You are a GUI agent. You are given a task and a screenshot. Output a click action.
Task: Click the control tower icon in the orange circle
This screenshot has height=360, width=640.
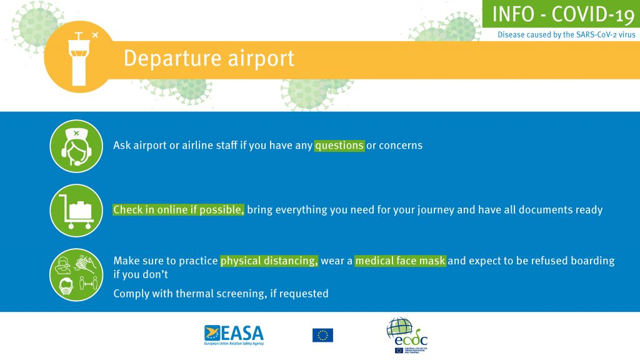point(79,59)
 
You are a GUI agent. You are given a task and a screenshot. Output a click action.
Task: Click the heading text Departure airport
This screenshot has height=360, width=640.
point(209,58)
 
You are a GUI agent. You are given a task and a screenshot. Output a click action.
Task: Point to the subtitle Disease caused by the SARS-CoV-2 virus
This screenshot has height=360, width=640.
point(566,35)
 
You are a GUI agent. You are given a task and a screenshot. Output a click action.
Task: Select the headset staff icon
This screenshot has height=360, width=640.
point(76,146)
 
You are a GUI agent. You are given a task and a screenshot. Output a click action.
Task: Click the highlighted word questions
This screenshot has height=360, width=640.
point(339,145)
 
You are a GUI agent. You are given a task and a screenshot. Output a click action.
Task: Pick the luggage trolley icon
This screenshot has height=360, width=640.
point(76,211)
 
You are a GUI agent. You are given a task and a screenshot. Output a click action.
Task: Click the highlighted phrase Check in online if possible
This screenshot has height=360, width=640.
point(178,210)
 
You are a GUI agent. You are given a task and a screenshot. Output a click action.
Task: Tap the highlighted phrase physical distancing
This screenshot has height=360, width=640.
point(269,261)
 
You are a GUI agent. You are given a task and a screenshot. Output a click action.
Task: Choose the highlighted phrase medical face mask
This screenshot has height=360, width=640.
point(401,261)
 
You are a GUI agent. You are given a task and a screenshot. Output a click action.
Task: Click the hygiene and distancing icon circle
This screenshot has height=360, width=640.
point(76,275)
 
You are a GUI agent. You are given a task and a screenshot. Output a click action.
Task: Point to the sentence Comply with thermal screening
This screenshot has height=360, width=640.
point(221,294)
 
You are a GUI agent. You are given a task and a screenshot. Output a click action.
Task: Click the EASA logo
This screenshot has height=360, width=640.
point(234,335)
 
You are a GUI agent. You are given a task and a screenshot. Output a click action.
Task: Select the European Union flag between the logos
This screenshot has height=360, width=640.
point(323,335)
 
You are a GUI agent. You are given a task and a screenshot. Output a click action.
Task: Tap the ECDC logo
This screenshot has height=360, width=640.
point(407,336)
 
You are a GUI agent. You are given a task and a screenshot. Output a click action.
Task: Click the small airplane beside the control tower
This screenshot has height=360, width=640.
point(95,35)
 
